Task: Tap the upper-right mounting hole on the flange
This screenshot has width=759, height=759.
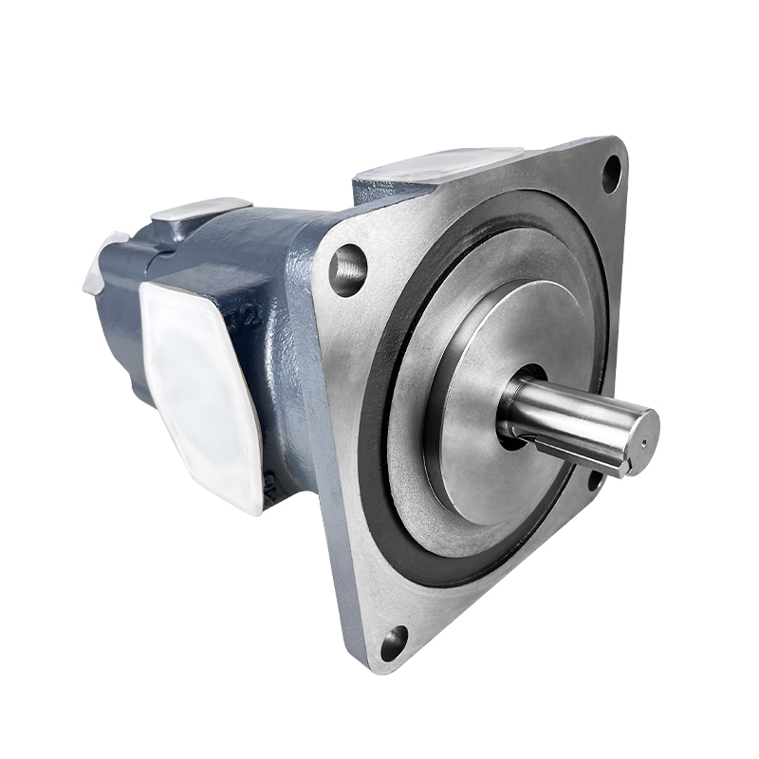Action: click(x=612, y=174)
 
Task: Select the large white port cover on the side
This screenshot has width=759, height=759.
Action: click(x=201, y=394)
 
